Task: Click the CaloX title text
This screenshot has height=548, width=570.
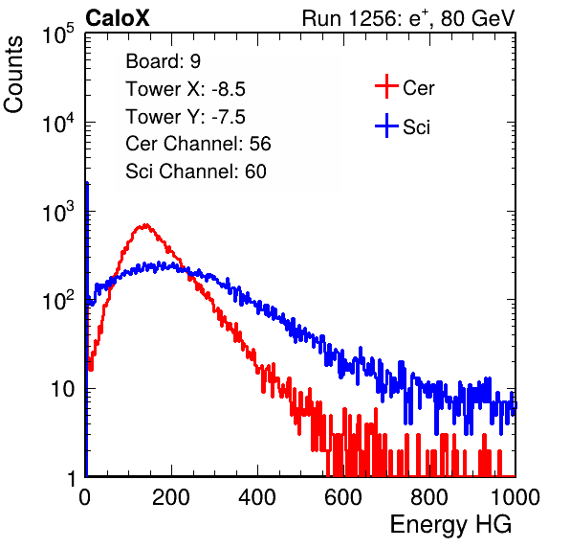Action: coord(118,18)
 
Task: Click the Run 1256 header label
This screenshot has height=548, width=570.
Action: coord(408,18)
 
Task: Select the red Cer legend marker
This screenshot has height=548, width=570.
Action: coord(386,86)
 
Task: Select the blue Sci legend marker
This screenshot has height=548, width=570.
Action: coord(386,126)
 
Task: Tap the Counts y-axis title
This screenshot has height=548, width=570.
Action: coord(13,75)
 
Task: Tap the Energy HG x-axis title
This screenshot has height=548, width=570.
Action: coord(450,525)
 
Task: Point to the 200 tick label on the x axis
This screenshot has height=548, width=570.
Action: coord(171,497)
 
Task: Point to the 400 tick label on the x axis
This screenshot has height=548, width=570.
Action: coord(257,497)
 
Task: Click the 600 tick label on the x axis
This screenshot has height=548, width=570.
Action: coord(343,497)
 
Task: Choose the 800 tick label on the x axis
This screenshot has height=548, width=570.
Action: coord(429,497)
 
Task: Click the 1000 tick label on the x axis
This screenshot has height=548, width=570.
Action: coord(515,497)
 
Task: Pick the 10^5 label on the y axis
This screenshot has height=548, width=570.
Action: coord(58,34)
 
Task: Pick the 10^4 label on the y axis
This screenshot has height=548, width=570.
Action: coord(58,123)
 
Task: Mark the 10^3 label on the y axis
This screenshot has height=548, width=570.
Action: coord(58,212)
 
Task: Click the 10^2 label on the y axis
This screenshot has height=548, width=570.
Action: coord(58,301)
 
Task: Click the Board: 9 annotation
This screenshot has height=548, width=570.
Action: coord(163,61)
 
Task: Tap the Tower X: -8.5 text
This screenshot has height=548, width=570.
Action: coord(186,89)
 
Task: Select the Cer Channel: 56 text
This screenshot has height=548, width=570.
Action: coord(198,144)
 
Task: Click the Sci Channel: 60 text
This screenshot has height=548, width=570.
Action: coord(196,171)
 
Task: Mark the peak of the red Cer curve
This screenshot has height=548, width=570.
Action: coord(145,225)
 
